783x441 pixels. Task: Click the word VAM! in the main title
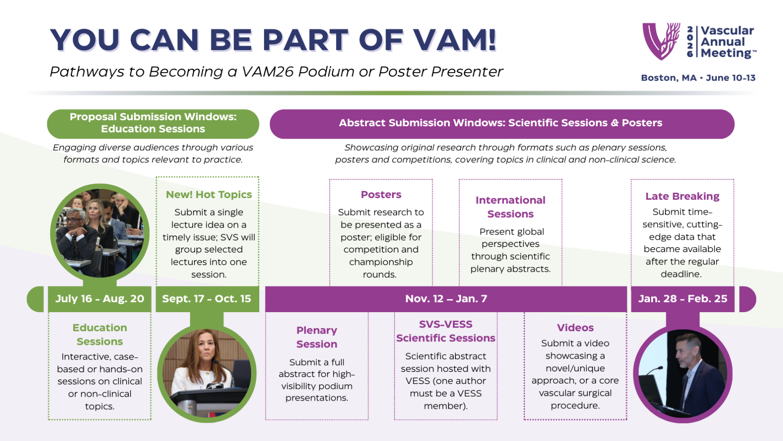pos(455,40)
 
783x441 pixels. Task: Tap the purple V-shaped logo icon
pos(661,41)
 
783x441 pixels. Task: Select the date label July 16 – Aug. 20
pos(100,299)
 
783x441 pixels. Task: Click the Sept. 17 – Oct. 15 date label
pos(207,299)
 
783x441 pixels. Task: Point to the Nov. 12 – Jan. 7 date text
pos(446,299)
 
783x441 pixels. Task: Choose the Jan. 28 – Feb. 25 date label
pos(683,299)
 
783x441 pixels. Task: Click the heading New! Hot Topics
pos(209,195)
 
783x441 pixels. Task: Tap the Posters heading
pos(381,195)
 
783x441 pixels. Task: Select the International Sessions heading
pos(510,207)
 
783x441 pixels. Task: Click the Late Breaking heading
pos(682,196)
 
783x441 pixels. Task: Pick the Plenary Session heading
pos(317,337)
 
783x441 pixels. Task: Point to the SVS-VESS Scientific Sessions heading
pos(446,331)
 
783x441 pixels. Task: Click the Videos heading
pos(575,328)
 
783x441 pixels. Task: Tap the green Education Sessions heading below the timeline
pos(100,334)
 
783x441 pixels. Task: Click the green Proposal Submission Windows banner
pos(153,124)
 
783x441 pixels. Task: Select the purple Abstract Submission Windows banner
pos(502,124)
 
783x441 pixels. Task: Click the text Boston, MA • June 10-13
pos(698,78)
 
